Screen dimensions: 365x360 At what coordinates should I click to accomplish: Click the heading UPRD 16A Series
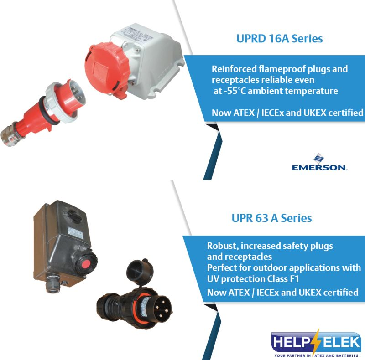tap(279, 39)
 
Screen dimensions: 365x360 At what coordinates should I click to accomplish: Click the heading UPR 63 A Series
tap(271, 218)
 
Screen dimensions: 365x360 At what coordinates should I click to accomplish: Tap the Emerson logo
tap(319, 162)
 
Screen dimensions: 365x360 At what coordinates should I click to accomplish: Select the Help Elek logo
tap(316, 344)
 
